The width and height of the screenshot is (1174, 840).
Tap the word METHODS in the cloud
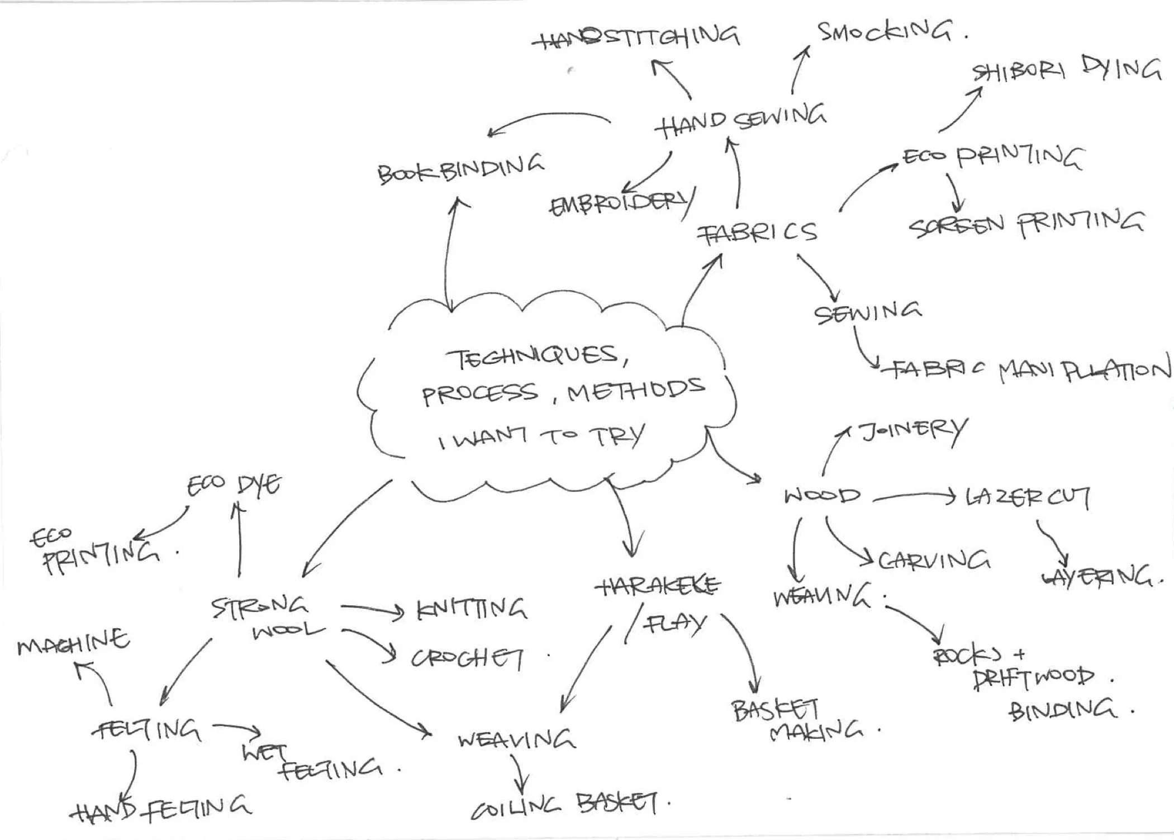point(635,390)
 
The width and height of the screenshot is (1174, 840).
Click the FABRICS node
point(757,232)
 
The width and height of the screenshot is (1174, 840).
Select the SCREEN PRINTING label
point(1025,225)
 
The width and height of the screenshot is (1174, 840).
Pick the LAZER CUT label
point(1027,496)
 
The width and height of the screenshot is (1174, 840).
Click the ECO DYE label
point(234,485)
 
